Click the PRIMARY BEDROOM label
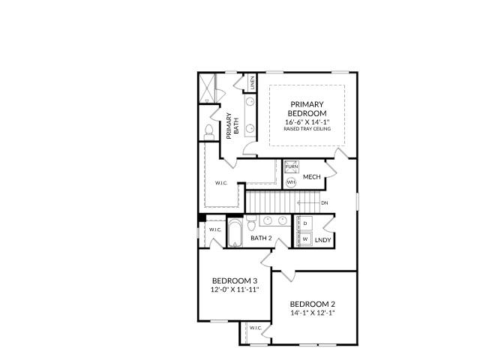click(x=306, y=109)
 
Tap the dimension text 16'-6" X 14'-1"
click(x=306, y=121)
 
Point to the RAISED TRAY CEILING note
click(x=306, y=129)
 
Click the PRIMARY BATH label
click(x=232, y=124)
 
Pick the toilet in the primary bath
click(x=208, y=133)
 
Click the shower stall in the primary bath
click(x=208, y=88)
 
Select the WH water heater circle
click(x=291, y=181)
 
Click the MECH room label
click(x=312, y=177)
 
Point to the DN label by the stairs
click(x=324, y=202)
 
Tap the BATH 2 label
click(x=260, y=238)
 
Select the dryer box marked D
click(x=305, y=223)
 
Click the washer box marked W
click(x=305, y=238)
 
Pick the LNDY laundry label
click(x=323, y=240)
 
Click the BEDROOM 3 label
click(x=234, y=281)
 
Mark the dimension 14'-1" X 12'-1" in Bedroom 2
click(x=312, y=313)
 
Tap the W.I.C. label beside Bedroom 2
click(x=255, y=328)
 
